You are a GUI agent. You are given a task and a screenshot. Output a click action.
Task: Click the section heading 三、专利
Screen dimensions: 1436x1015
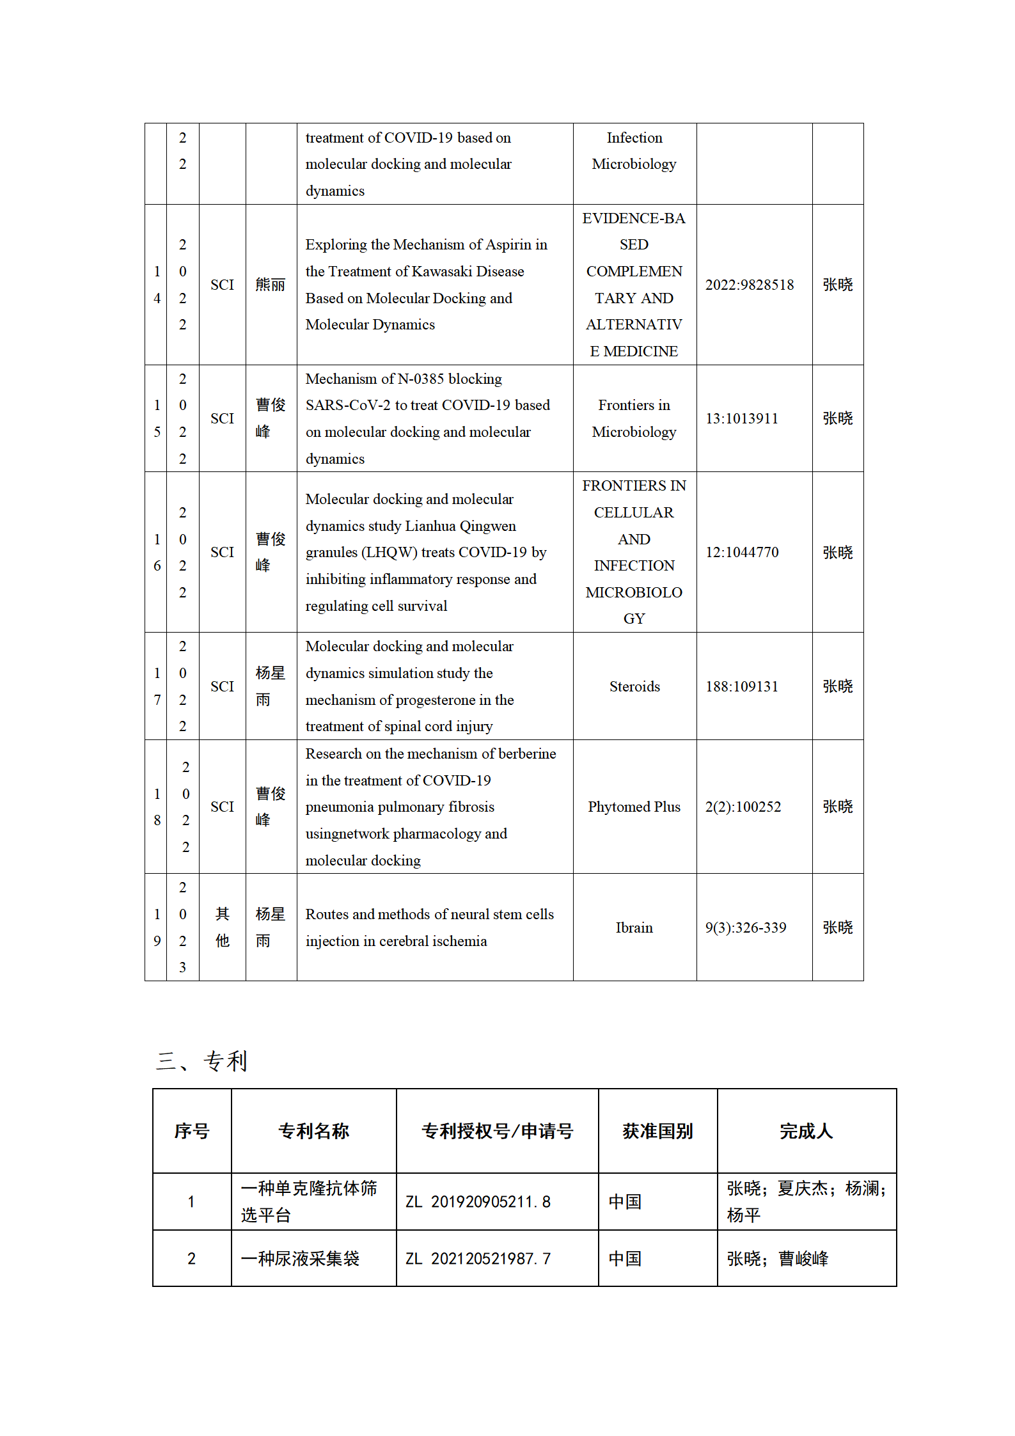click(201, 1061)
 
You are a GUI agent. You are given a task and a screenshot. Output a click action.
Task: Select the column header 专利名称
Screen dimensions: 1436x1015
click(313, 1131)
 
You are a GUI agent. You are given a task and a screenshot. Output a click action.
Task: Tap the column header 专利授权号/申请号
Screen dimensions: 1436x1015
click(497, 1131)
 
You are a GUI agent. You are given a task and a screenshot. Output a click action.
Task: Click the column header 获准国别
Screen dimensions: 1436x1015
click(657, 1131)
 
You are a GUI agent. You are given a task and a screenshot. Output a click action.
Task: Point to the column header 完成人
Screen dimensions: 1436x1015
click(806, 1131)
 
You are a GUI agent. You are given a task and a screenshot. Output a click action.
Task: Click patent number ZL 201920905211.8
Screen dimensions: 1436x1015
click(478, 1202)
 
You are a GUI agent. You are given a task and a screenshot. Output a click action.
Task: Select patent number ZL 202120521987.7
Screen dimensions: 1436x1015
click(478, 1259)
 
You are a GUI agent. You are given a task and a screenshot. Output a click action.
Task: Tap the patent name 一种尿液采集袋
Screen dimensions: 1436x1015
click(300, 1259)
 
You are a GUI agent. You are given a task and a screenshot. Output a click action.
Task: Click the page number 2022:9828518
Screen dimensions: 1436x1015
click(750, 285)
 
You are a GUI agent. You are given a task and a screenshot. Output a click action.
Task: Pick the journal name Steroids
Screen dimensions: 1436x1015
click(634, 686)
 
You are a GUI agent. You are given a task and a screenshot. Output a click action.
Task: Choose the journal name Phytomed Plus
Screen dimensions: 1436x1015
click(634, 807)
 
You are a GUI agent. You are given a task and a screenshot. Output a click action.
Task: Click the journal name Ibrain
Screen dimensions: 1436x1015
click(634, 927)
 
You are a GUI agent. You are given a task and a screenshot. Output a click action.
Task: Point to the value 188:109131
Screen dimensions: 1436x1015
click(742, 686)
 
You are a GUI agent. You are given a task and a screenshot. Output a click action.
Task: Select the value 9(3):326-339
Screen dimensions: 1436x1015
click(746, 927)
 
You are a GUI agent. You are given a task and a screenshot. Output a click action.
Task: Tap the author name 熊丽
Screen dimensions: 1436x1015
click(271, 285)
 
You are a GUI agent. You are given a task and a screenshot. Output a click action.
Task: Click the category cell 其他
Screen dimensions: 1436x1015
click(222, 927)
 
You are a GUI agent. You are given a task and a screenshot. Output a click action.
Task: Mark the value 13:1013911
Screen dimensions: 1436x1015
click(742, 418)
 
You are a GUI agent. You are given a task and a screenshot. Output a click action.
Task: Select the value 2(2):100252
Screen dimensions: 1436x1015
click(743, 807)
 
